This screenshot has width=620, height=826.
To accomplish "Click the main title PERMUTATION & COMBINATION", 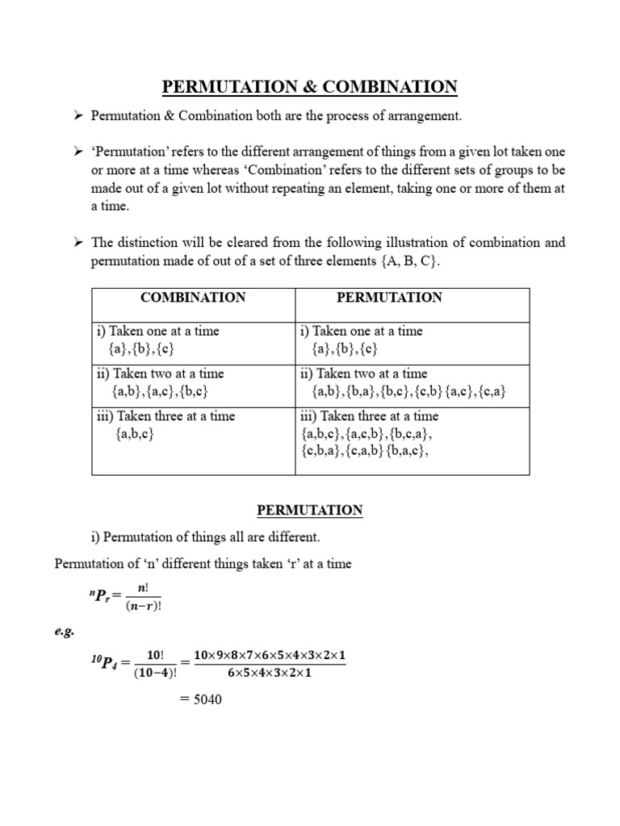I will (x=310, y=87).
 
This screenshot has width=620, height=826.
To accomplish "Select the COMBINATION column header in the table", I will (x=193, y=298).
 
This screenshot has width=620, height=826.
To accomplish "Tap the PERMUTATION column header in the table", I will (x=389, y=298).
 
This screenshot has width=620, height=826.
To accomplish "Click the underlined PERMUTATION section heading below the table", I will (x=310, y=511).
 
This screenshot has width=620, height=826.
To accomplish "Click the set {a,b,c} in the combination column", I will (x=135, y=435).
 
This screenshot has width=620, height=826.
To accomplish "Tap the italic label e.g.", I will (x=65, y=631).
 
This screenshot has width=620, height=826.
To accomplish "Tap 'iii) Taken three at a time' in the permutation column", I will (x=369, y=416).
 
